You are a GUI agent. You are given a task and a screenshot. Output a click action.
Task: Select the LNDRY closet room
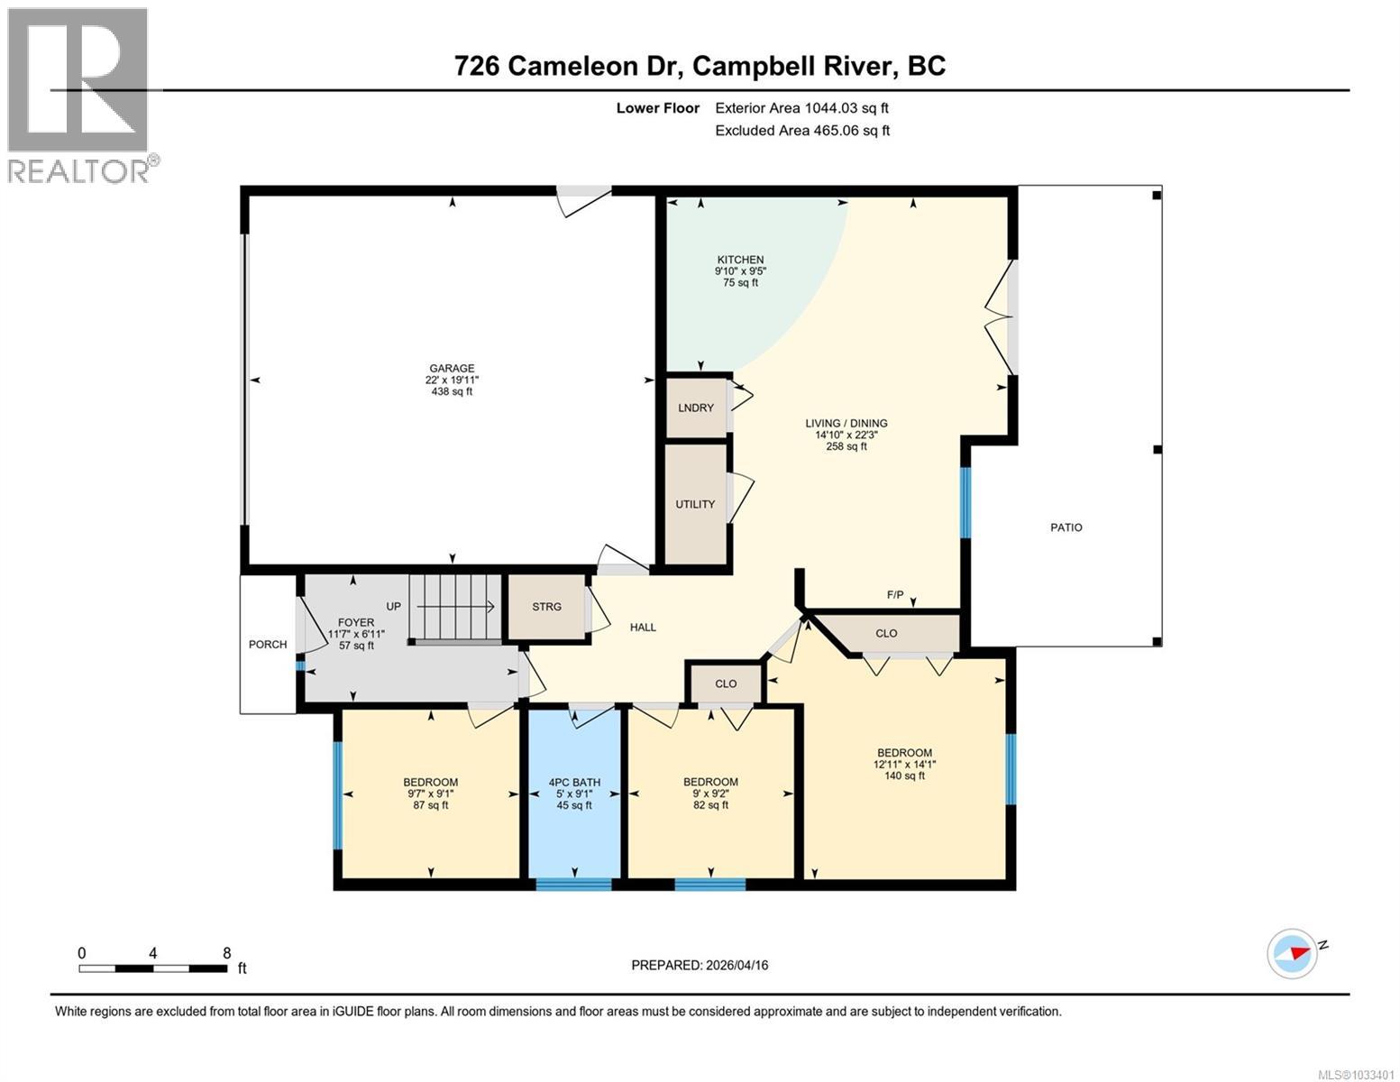pyautogui.click(x=696, y=408)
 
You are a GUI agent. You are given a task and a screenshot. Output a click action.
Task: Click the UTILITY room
pyautogui.click(x=695, y=504)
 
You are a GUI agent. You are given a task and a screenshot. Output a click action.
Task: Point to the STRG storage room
pyautogui.click(x=546, y=607)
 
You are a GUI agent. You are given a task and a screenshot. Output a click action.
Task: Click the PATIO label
pyautogui.click(x=1066, y=527)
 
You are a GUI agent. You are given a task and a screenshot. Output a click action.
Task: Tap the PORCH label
pyautogui.click(x=268, y=645)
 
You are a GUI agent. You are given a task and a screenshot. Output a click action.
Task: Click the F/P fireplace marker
pyautogui.click(x=895, y=595)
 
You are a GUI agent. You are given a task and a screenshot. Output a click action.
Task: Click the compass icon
pyautogui.click(x=1292, y=953)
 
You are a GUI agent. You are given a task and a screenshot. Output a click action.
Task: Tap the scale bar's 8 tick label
pyautogui.click(x=226, y=953)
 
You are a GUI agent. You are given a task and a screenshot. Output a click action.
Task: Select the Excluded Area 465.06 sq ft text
pyautogui.click(x=802, y=131)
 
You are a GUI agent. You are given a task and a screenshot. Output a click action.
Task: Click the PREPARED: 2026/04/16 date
pyautogui.click(x=700, y=965)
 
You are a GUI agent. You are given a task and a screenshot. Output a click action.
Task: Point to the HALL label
pyautogui.click(x=643, y=627)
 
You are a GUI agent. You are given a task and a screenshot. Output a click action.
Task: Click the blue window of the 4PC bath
pyautogui.click(x=573, y=884)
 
